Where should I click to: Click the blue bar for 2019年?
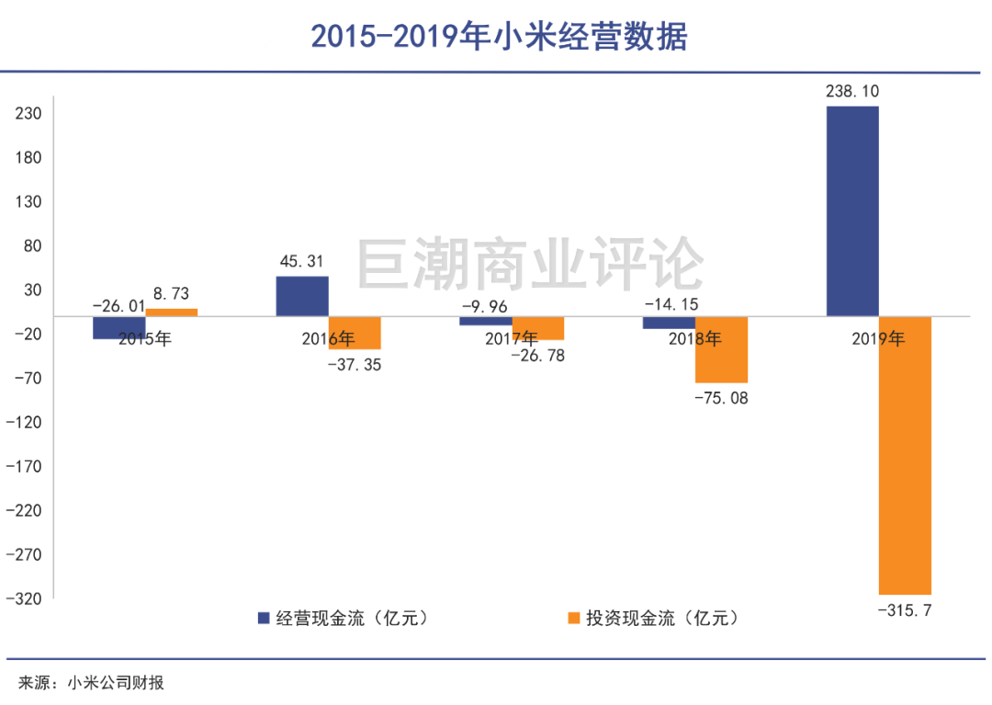pos(852,211)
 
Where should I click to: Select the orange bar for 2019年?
pos(905,455)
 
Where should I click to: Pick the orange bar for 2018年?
pos(721,349)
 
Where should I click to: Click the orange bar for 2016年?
pos(355,333)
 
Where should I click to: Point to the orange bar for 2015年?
pos(172,313)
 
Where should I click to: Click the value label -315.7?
pos(905,610)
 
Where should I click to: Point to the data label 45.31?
pos(301,262)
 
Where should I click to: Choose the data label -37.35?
pos(355,365)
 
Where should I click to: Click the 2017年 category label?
pos(512,338)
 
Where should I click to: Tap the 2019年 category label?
pos(878,338)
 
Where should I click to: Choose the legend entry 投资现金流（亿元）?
pos(653,618)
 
